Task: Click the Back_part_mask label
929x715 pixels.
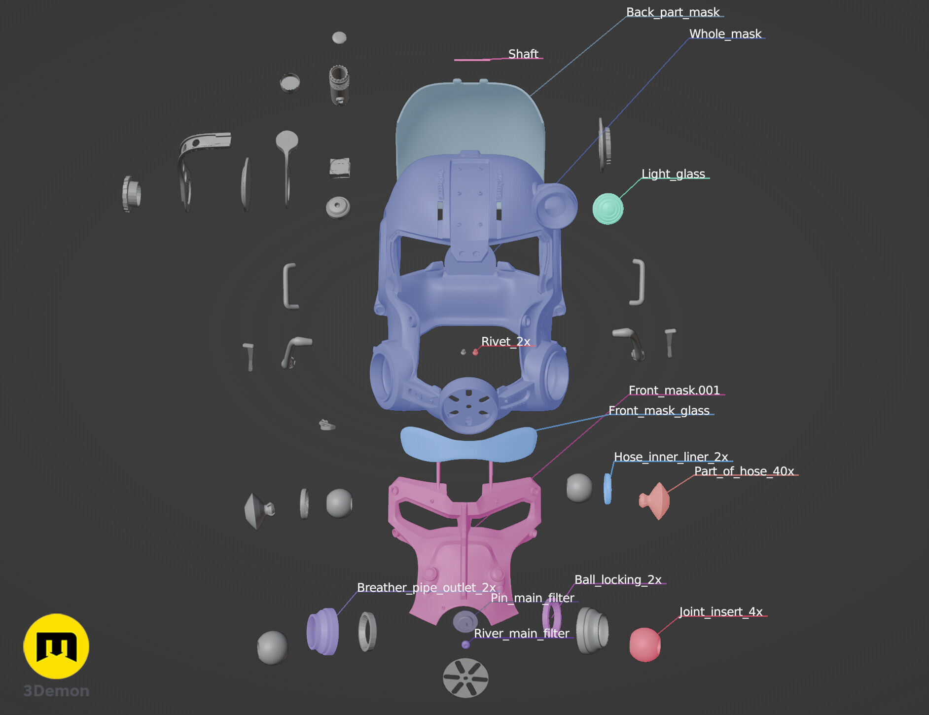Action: coord(673,12)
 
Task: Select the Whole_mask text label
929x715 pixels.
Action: coord(725,34)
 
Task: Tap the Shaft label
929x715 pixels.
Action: coord(523,54)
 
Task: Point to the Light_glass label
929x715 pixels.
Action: coord(673,174)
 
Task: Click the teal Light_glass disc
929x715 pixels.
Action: coord(607,209)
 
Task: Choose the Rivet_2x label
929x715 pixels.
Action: coord(505,341)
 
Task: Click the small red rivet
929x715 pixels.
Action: coord(475,352)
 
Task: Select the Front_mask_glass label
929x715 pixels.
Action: coord(659,410)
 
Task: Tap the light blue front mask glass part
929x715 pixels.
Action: coord(468,444)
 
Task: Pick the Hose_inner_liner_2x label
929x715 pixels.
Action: coord(671,457)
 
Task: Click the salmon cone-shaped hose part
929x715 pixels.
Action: coord(655,501)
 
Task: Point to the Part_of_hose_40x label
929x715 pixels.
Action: coord(744,471)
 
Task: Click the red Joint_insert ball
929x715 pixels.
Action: coord(645,644)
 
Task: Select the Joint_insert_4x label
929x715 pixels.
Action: coord(721,611)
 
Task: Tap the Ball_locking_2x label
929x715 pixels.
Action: coord(618,579)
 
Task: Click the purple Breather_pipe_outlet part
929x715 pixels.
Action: coord(322,632)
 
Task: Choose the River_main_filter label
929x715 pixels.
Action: coord(521,633)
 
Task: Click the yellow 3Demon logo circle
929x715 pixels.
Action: coord(56,646)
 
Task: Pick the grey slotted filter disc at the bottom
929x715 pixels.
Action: coord(465,678)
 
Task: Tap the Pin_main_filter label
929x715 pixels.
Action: coord(532,598)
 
